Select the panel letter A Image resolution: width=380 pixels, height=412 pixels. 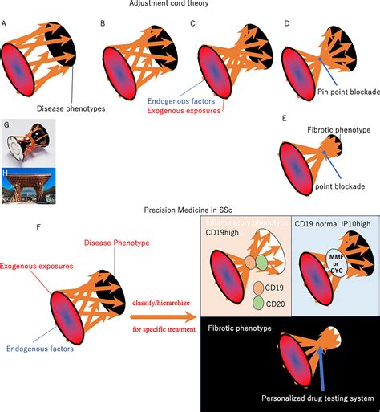pos(5,25)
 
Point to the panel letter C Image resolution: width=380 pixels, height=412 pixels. pos(192,25)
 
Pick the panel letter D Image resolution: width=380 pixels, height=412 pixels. pos(287,25)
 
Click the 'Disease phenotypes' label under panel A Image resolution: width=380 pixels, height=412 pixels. pos(71,108)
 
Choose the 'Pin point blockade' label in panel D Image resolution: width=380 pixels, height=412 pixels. pos(347,92)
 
